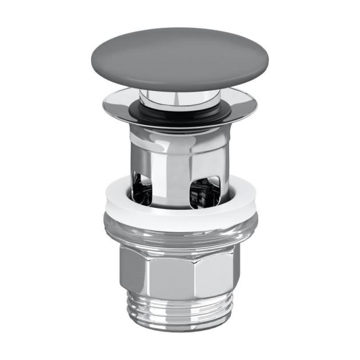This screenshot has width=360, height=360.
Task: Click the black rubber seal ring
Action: click(x=180, y=110)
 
